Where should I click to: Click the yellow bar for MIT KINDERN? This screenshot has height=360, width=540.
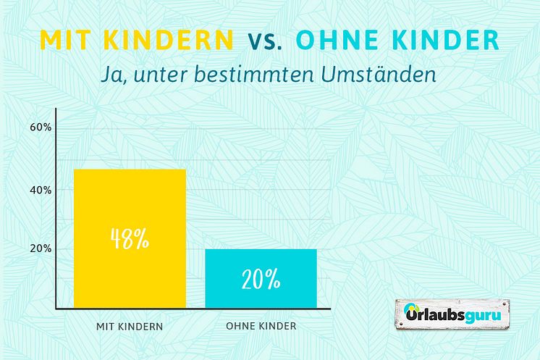130,239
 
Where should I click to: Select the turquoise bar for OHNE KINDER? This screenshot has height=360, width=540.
261,279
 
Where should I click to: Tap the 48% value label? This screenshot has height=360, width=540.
130,238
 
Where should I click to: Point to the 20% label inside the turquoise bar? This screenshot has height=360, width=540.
261,279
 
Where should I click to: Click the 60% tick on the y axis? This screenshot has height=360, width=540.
40,127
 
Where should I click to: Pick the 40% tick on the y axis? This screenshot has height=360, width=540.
40,190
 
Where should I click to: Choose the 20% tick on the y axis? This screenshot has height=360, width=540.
40,248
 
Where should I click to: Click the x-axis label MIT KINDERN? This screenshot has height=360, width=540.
130,327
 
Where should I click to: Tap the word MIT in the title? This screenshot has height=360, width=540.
62,41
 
